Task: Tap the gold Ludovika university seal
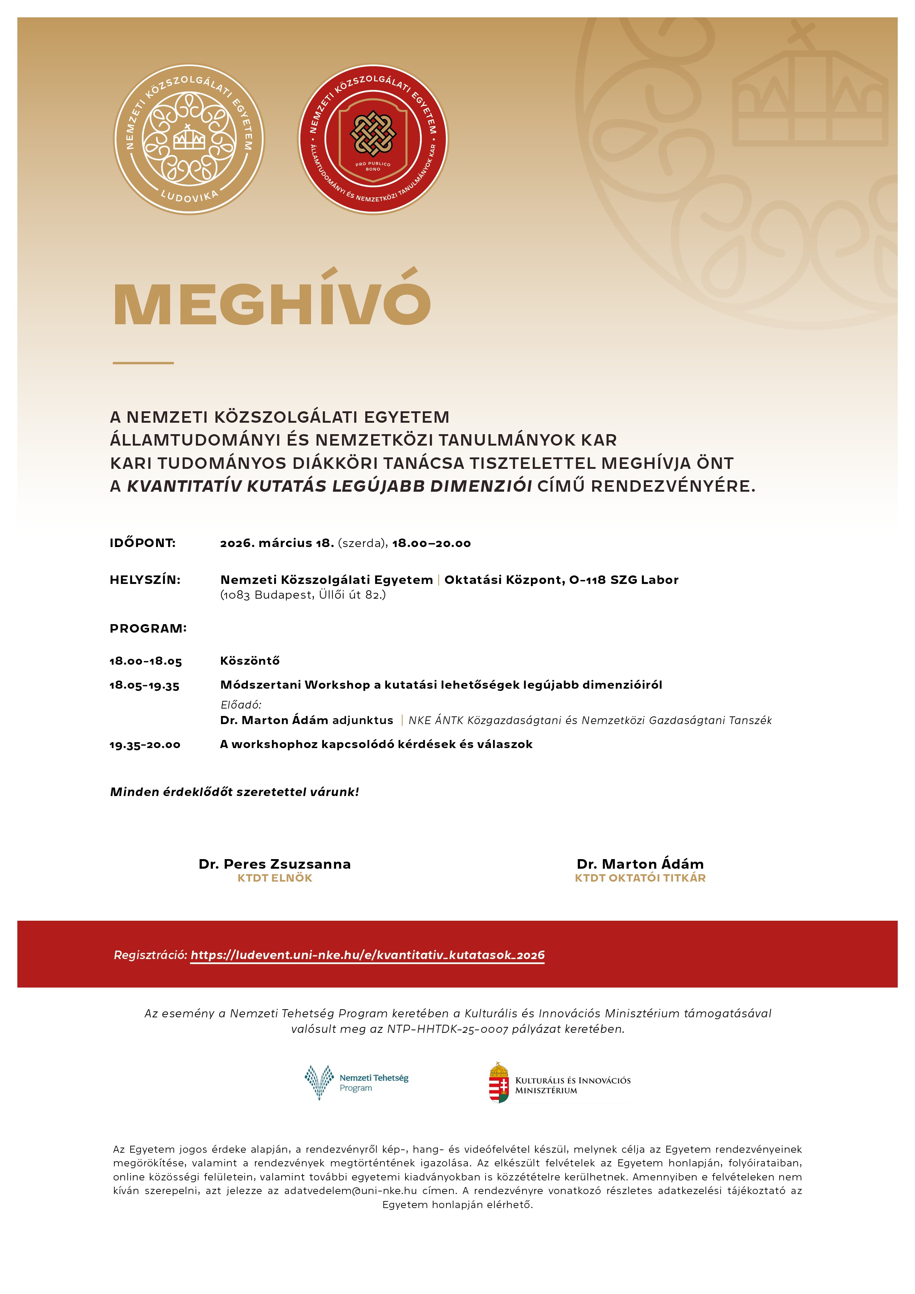tap(189, 139)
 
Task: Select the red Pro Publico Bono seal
tap(373, 139)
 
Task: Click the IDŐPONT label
tap(143, 543)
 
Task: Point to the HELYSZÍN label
tap(145, 580)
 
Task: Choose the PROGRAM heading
tap(148, 629)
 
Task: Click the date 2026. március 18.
tap(277, 543)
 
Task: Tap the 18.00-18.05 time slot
tap(145, 661)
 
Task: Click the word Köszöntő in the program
tap(250, 661)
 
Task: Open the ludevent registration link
tap(367, 955)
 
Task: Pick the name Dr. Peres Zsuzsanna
tap(274, 864)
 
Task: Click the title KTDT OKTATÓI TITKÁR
tap(640, 878)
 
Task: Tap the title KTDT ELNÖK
tap(274, 878)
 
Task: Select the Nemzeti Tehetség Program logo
tap(356, 1083)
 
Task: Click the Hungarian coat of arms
tap(498, 1083)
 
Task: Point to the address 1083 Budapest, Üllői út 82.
tap(303, 595)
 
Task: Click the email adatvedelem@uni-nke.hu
tap(350, 1191)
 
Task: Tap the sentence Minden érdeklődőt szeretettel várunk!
tap(235, 792)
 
